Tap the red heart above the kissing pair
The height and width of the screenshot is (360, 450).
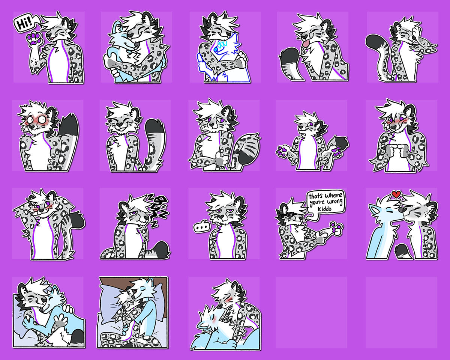[x=396, y=194]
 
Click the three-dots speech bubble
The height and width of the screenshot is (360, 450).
[x=201, y=226]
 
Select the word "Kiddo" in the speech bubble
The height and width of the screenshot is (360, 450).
[x=324, y=209]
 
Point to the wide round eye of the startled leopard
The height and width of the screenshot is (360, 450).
[x=42, y=119]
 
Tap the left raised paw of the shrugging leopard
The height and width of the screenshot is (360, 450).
[x=282, y=151]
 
